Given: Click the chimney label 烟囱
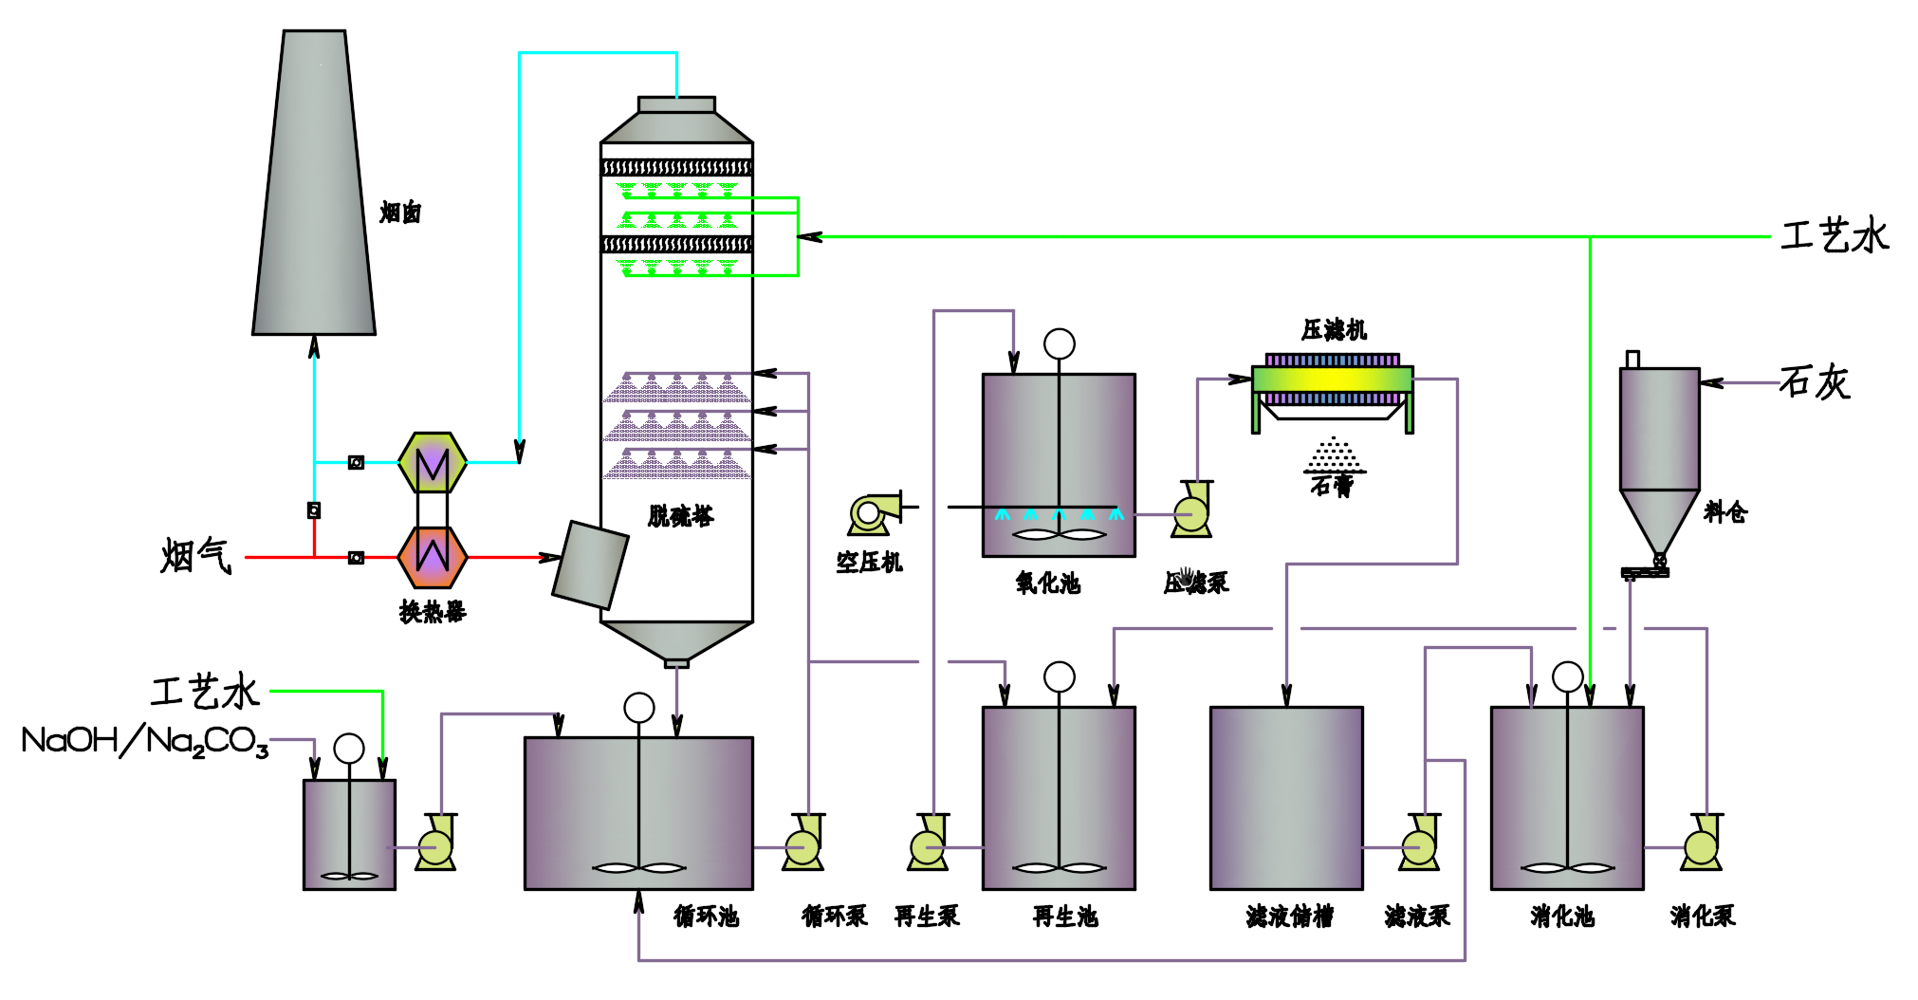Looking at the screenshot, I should tap(399, 213).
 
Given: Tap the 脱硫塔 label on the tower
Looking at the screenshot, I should tap(680, 516).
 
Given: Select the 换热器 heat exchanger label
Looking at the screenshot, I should tap(433, 612).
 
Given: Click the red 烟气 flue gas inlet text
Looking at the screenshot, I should tap(195, 556).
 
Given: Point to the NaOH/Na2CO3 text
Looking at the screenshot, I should tap(145, 741).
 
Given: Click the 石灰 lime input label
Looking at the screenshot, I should tap(1814, 382).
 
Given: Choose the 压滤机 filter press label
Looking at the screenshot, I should tap(1334, 330).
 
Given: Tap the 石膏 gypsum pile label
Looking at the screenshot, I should tap(1332, 486).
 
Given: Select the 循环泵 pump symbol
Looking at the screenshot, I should tap(804, 843).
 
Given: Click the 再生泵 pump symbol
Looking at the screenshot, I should tap(928, 843).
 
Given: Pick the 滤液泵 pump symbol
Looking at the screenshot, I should tap(1419, 843).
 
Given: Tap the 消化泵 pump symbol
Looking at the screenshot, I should tap(1702, 843).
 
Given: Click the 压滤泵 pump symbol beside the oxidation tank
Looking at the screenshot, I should tap(1191, 511).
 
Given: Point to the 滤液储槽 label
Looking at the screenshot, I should tap(1289, 917).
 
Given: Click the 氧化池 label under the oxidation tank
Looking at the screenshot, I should tap(1047, 583).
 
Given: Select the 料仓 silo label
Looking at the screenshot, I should tap(1724, 512).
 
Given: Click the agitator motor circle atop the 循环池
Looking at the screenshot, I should tap(639, 708).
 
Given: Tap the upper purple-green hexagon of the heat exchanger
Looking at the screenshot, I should tap(433, 463).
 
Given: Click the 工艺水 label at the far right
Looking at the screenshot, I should tap(1835, 236).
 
